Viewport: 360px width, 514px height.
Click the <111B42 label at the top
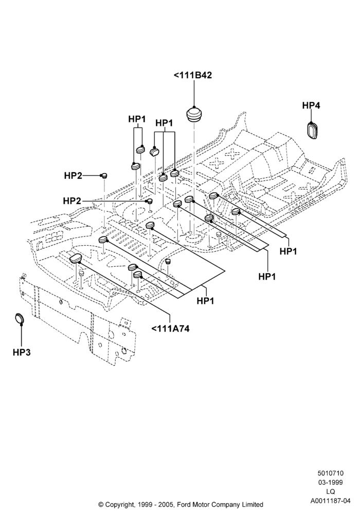193,75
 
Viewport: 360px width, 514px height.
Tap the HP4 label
311,105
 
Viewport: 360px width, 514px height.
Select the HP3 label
22,353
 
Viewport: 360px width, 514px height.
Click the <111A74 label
171,328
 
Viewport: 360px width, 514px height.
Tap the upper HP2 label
73,176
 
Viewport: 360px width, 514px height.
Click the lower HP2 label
72,200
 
